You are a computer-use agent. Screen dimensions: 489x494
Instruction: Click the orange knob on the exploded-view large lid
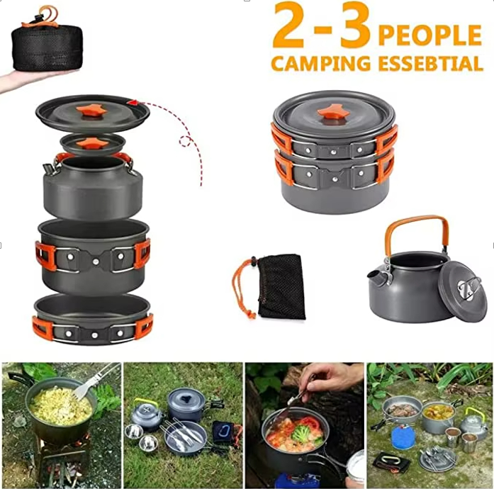pos(91,111)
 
